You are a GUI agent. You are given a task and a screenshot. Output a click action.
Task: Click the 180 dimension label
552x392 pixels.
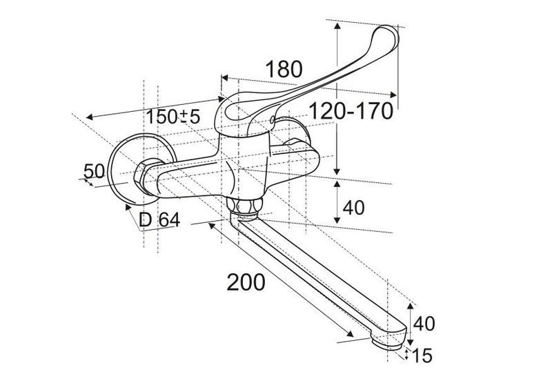click(x=284, y=69)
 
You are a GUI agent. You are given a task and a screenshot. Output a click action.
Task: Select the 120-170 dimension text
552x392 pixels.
click(x=351, y=111)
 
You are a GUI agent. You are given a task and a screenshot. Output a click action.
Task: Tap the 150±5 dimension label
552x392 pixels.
click(x=173, y=116)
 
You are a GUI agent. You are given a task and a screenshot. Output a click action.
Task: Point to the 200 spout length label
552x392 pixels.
click(x=246, y=282)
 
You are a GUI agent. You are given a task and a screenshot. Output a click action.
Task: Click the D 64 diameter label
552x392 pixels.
click(x=159, y=220)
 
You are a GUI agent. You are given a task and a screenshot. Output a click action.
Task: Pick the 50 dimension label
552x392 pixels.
click(x=95, y=171)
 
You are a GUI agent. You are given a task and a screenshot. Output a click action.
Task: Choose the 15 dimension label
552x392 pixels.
click(x=422, y=355)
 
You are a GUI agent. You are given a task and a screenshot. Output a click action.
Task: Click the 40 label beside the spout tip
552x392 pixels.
click(x=424, y=324)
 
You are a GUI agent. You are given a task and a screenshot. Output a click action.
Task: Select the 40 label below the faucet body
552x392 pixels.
click(x=353, y=208)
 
